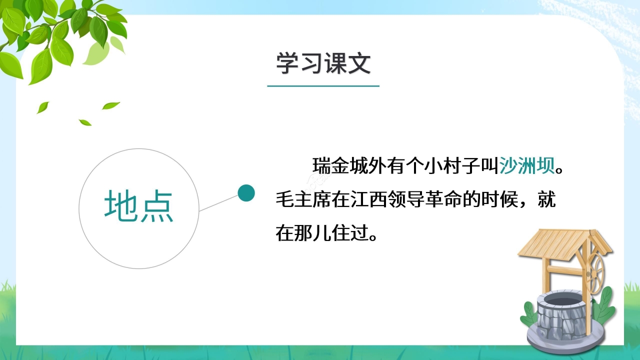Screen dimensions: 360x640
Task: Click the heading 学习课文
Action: [323, 64]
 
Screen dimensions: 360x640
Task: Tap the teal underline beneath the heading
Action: [323, 86]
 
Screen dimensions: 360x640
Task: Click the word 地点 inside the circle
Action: [139, 206]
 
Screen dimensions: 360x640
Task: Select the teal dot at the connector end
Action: [246, 192]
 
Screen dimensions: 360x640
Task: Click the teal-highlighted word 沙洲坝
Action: [527, 165]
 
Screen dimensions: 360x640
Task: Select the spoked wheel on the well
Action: [596, 272]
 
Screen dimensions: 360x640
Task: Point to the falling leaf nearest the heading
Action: [111, 105]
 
